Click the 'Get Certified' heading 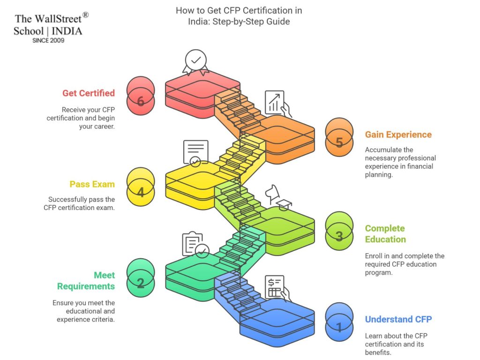pyautogui.click(x=88, y=93)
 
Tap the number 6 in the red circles pyautogui.click(x=141, y=101)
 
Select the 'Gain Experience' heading pyautogui.click(x=398, y=135)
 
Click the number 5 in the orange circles pyautogui.click(x=339, y=142)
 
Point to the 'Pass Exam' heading pyautogui.click(x=92, y=184)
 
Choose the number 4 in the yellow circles pyautogui.click(x=141, y=193)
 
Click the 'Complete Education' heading pyautogui.click(x=385, y=233)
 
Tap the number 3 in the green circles pyautogui.click(x=339, y=236)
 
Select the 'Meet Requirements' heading pyautogui.click(x=86, y=280)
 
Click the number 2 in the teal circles pyautogui.click(x=141, y=283)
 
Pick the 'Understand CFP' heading pyautogui.click(x=398, y=319)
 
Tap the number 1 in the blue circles pyautogui.click(x=339, y=327)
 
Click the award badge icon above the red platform pyautogui.click(x=196, y=63)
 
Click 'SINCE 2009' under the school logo pyautogui.click(x=48, y=41)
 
